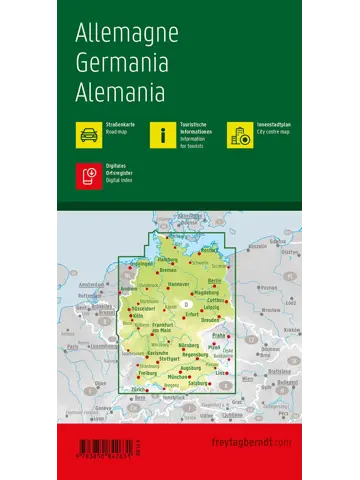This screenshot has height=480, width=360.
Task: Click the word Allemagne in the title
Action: point(126,31)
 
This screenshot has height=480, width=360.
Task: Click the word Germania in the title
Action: point(123,60)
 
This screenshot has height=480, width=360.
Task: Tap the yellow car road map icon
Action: point(85,133)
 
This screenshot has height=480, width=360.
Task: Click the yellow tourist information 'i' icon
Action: point(161,133)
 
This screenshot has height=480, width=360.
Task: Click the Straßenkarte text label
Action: point(119,124)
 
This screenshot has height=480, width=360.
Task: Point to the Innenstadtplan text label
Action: point(275,124)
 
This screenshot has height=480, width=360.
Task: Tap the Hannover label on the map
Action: point(180,286)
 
